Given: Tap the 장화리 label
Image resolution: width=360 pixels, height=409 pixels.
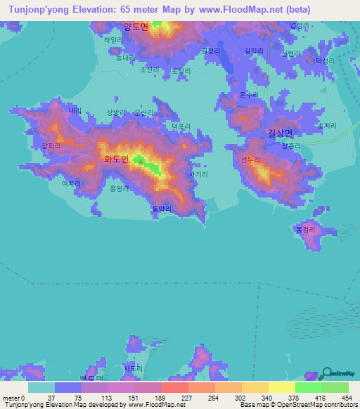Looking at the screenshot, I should pos(51,145).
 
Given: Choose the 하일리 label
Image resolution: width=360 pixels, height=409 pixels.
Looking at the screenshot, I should pos(113,41).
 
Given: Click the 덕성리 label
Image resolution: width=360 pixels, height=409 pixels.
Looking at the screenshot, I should pos(326,61).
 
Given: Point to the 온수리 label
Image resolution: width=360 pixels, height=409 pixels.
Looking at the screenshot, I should pos(250,94).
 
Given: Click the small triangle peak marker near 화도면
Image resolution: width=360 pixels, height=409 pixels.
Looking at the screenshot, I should pos(141,162).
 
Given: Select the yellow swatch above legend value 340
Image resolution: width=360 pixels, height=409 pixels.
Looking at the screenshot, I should pos(255,387).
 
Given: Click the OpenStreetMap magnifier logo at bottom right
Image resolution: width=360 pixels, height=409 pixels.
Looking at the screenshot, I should pos(327,373).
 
